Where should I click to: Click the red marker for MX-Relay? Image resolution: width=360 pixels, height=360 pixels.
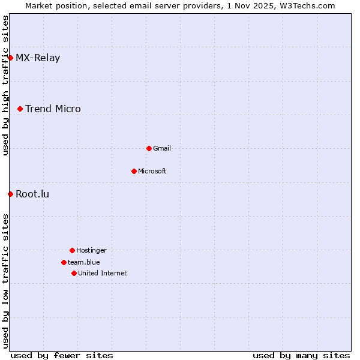[x=10, y=58]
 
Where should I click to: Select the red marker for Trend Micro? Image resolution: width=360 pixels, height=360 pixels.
[x=20, y=109]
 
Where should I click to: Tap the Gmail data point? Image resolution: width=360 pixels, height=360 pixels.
[x=149, y=148]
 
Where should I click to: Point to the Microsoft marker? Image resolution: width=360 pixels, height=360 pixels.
[x=134, y=171]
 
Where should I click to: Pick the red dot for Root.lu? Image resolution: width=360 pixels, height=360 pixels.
[x=10, y=194]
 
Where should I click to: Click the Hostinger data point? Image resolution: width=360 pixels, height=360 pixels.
[x=72, y=250]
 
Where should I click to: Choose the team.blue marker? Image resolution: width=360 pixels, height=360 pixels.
[x=64, y=262]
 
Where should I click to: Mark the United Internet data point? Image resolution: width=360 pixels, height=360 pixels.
[x=74, y=273]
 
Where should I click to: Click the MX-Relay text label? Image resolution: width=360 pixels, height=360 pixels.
[x=38, y=58]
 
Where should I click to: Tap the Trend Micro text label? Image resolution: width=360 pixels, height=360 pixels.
[x=53, y=109]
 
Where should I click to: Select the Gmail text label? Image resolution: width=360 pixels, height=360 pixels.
[x=162, y=148]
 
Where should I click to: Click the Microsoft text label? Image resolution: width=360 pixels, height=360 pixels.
[x=152, y=171]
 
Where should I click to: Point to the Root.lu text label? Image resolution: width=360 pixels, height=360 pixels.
[x=32, y=194]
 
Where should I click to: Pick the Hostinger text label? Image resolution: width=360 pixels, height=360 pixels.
[x=91, y=250]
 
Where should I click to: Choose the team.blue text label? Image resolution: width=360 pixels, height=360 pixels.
[x=84, y=262]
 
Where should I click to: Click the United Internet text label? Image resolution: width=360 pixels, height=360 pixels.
[x=103, y=273]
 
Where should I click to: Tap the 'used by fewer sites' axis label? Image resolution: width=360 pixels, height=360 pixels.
[x=62, y=355]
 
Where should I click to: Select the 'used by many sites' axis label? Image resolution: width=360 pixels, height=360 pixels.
[x=301, y=355]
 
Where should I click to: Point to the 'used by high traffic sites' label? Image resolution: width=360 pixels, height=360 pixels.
[x=5, y=86]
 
